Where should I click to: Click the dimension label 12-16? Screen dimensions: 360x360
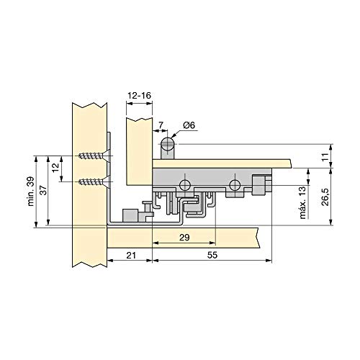point(140,96)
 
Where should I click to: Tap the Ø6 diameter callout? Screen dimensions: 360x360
point(189,125)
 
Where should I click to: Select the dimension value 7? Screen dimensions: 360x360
point(161,125)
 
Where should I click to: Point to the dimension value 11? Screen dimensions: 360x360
point(325,157)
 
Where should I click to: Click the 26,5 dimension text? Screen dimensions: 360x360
point(325,197)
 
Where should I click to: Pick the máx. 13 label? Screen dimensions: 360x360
point(303,202)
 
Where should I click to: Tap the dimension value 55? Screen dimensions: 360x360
point(212,255)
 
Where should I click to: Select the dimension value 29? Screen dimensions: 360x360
point(184,238)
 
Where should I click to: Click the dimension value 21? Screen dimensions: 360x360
point(131,255)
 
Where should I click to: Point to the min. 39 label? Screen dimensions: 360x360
point(31,192)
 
